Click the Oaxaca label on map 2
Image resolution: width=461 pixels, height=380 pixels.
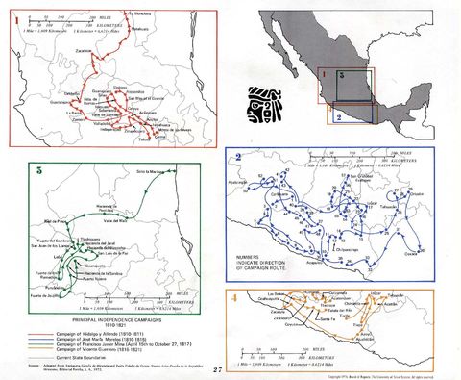411,253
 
